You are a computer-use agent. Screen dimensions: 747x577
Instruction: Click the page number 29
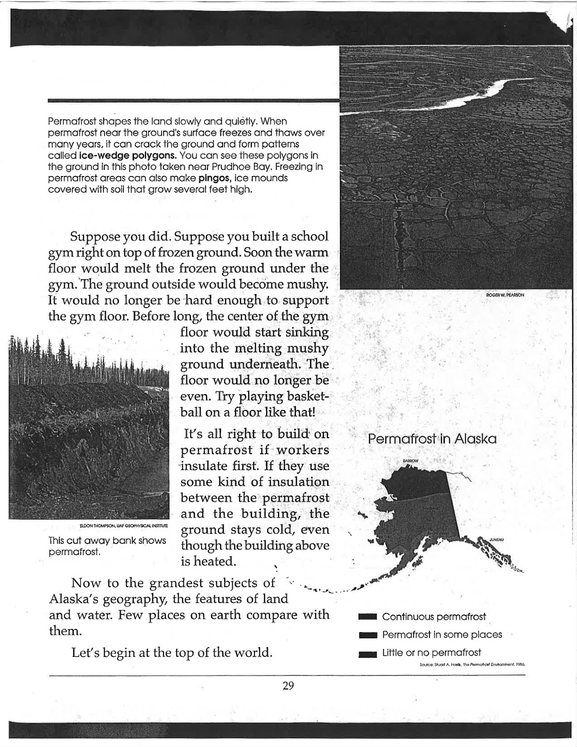click(x=288, y=685)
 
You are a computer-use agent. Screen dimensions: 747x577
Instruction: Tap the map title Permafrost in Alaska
click(x=432, y=439)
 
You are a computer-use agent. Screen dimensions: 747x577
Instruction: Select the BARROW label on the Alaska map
click(x=411, y=461)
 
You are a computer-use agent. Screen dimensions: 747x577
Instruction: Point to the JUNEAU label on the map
click(x=497, y=540)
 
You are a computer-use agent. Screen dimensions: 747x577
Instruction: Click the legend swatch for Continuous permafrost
click(x=367, y=617)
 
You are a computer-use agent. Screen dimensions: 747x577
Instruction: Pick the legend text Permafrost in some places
click(x=442, y=634)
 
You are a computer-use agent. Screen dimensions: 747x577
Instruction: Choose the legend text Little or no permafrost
click(x=431, y=652)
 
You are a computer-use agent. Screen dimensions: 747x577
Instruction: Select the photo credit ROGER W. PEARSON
click(x=505, y=295)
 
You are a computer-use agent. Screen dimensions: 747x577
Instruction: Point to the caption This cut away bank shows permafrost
click(x=107, y=546)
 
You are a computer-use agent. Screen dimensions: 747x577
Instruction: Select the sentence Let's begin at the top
click(x=172, y=652)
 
